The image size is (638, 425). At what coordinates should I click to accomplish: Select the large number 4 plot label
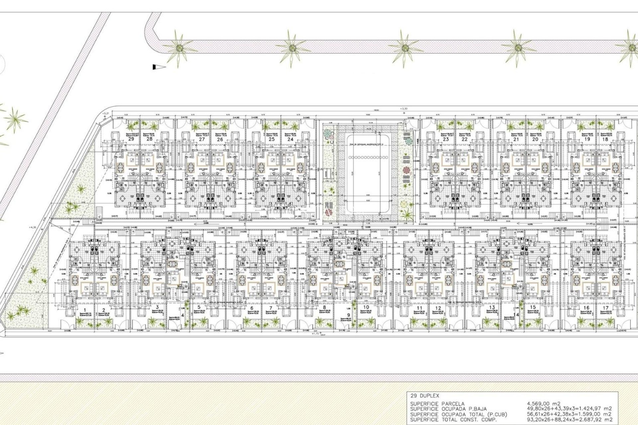(x=182, y=315)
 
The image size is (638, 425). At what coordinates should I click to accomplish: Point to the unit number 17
(x=605, y=308)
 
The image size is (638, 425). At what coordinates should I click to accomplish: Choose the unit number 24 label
(x=290, y=139)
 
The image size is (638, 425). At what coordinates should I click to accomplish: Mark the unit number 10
(x=366, y=307)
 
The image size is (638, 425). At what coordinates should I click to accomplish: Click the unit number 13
(x=492, y=307)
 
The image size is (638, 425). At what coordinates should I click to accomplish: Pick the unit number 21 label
(x=516, y=139)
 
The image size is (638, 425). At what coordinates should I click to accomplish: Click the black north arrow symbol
(x=159, y=67)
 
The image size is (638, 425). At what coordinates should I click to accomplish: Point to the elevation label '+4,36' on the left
(x=33, y=227)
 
